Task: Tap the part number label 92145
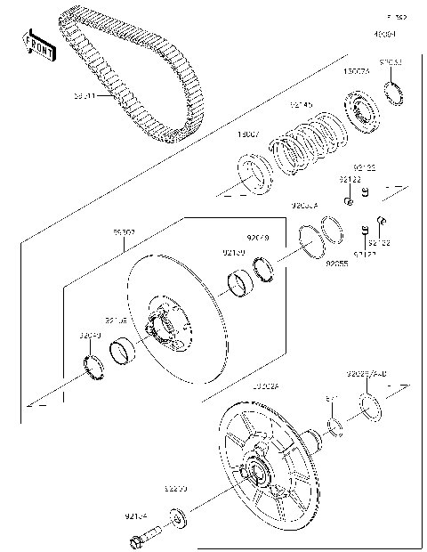click(x=302, y=105)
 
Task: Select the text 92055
click(x=336, y=264)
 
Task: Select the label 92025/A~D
click(x=367, y=373)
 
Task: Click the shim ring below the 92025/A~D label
click(x=371, y=408)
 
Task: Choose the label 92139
click(x=234, y=253)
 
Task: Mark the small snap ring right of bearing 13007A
click(x=392, y=91)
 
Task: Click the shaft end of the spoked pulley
click(x=313, y=436)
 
